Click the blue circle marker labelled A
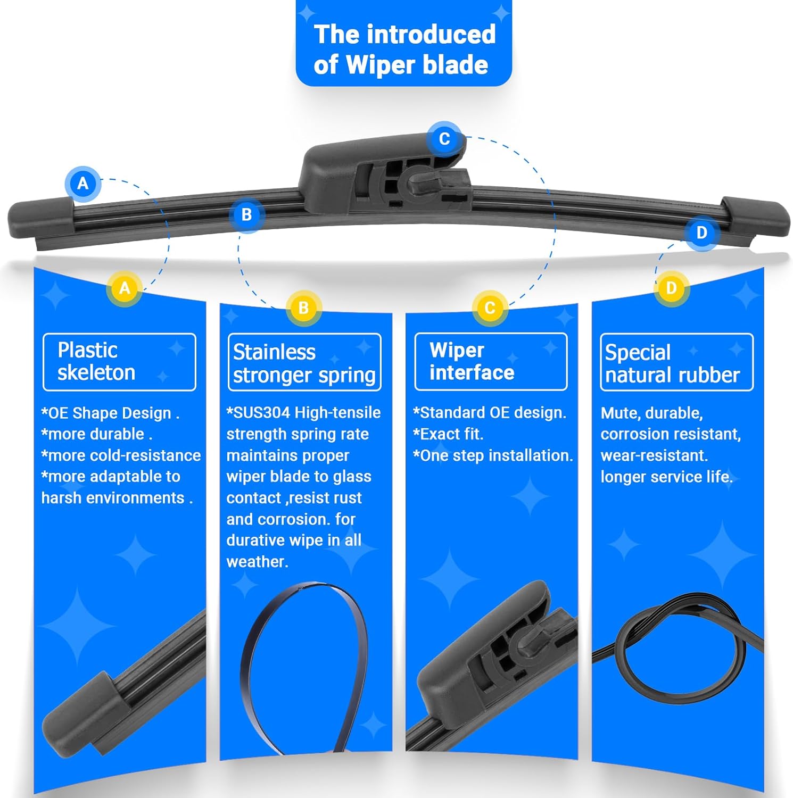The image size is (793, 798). (x=83, y=184)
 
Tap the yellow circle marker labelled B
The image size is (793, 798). (x=303, y=308)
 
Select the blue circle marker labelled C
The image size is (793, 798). (x=444, y=139)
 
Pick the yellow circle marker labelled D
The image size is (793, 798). (x=671, y=288)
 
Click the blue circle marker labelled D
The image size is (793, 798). (x=701, y=232)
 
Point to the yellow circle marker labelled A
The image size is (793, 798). (x=125, y=288)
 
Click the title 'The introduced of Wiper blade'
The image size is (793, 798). (x=404, y=49)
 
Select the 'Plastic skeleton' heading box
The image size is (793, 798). (x=119, y=362)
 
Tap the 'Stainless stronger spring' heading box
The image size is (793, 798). (x=304, y=362)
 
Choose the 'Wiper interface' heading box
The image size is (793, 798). (x=491, y=361)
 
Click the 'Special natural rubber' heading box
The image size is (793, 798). (x=676, y=362)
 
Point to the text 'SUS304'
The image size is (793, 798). (x=262, y=413)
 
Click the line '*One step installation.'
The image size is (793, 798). (x=493, y=455)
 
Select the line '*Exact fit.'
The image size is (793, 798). (x=448, y=434)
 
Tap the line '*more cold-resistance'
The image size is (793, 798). (x=121, y=455)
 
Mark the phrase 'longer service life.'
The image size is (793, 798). (x=667, y=477)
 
